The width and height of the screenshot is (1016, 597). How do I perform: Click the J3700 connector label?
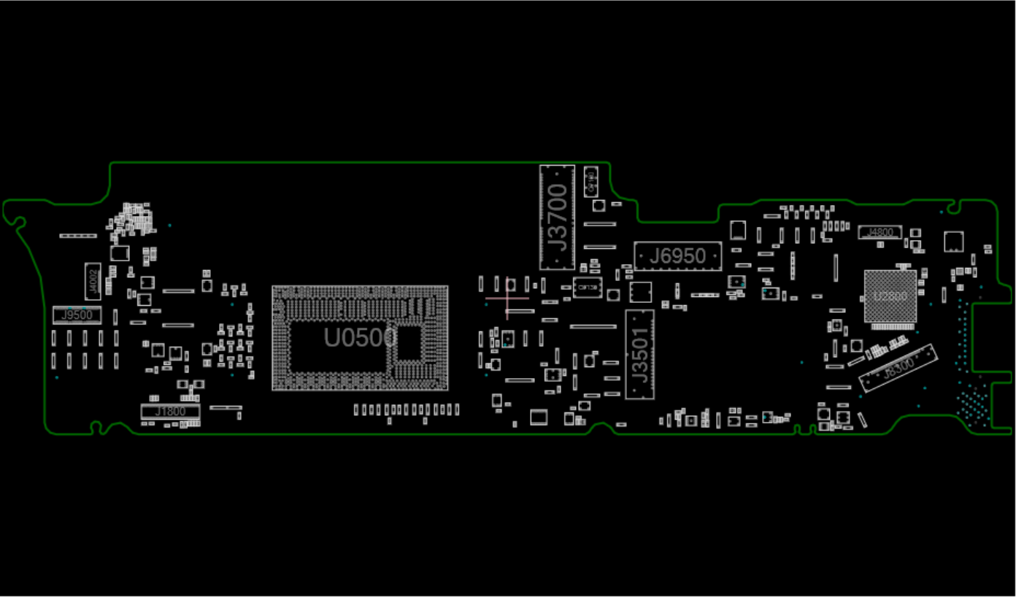tap(557, 217)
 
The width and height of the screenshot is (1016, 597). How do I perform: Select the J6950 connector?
tap(678, 256)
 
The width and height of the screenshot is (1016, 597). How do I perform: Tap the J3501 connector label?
tap(639, 355)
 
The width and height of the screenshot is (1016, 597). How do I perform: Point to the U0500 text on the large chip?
tap(360, 337)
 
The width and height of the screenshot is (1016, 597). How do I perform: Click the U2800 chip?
tap(890, 296)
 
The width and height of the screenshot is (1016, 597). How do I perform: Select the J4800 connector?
tap(880, 233)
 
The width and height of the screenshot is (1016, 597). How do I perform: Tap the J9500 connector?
tap(77, 315)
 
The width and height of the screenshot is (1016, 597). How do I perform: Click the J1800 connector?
tap(170, 412)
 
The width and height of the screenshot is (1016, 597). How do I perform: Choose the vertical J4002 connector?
tap(93, 280)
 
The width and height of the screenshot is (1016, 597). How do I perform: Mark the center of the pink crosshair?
tap(507, 298)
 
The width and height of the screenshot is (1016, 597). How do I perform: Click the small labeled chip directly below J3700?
tap(588, 288)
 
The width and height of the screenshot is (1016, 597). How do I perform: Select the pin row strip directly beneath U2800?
tap(889, 328)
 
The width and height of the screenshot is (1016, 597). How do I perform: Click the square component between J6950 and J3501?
tap(640, 292)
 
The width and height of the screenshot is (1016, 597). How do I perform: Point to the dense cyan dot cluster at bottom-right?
tap(972, 406)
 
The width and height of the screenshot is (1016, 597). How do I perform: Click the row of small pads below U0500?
tap(407, 410)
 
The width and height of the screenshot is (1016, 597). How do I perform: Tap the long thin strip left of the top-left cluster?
tap(78, 236)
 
